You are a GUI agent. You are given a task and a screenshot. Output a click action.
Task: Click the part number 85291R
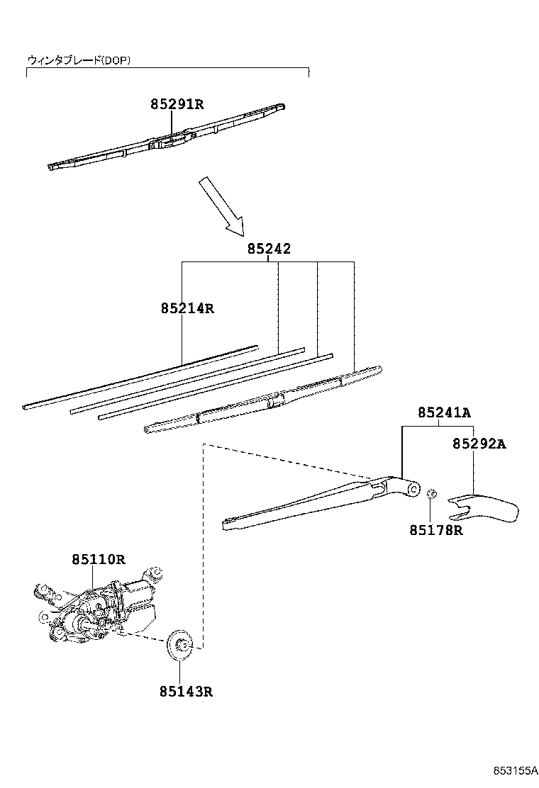click(177, 105)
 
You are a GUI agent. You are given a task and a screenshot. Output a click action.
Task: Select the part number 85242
click(269, 249)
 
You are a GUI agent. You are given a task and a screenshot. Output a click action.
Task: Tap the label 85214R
click(187, 308)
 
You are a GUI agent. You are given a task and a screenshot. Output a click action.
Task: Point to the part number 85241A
click(444, 412)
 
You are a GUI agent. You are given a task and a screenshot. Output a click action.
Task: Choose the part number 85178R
click(435, 529)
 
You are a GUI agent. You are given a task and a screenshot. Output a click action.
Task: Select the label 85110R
click(98, 559)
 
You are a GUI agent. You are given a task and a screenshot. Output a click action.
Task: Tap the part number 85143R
click(186, 691)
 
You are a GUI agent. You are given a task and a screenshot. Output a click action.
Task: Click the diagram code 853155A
click(515, 771)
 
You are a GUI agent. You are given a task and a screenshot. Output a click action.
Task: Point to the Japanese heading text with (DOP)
click(79, 60)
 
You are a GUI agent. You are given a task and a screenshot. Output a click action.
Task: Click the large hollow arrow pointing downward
click(221, 206)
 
